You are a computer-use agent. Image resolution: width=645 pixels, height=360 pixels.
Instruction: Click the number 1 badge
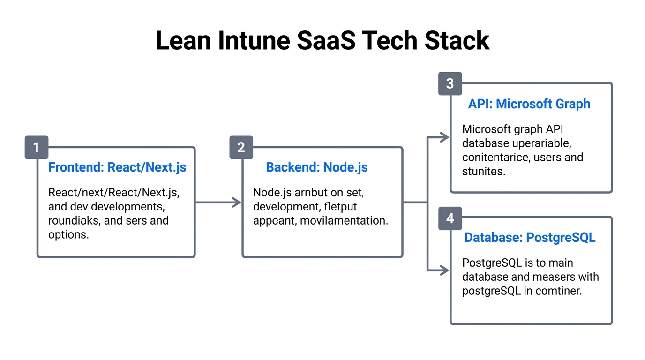point(36,148)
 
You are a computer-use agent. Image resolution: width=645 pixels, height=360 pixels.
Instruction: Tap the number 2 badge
point(241,148)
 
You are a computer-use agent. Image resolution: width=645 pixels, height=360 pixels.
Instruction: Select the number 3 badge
point(450,84)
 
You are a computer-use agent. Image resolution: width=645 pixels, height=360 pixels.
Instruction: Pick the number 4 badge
point(450,218)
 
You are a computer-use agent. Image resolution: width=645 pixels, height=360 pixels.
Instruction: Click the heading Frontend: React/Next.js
point(117,167)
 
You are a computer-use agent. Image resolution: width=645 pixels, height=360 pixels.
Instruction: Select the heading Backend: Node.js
point(317,167)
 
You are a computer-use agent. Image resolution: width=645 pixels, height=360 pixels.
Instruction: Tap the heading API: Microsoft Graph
point(529,104)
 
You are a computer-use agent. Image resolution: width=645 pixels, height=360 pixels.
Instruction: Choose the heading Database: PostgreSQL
point(530,238)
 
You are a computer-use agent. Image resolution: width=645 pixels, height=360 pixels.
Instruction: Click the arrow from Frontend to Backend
point(217,202)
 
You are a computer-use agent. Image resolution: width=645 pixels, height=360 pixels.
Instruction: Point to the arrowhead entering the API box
point(444,137)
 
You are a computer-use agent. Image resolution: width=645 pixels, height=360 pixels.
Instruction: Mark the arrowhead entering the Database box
point(444,270)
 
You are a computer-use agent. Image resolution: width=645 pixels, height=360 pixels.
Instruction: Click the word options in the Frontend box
point(68,234)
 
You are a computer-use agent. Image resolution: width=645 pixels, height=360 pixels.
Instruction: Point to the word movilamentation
point(344,220)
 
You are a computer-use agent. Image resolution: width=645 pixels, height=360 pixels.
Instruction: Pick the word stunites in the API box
point(484,171)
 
